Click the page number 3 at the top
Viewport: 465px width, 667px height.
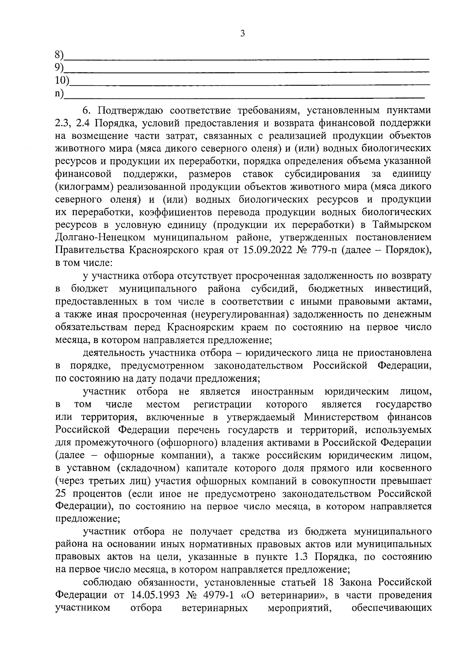tap(243, 34)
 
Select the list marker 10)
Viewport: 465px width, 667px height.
tap(62, 81)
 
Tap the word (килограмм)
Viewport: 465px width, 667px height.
tap(84, 187)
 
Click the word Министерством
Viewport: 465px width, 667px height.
tap(341, 417)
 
